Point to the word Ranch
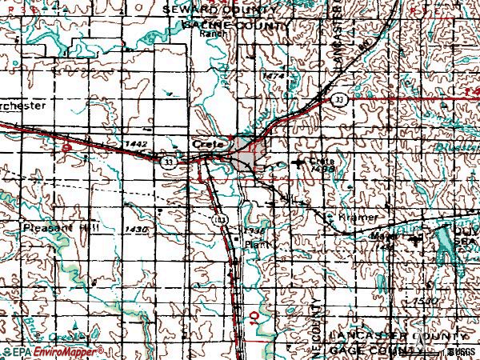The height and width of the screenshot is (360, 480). [210, 35]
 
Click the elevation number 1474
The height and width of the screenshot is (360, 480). [274, 75]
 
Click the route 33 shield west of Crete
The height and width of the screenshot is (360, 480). [168, 161]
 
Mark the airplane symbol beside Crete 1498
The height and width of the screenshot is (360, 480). [301, 162]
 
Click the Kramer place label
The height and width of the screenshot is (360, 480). [358, 218]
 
